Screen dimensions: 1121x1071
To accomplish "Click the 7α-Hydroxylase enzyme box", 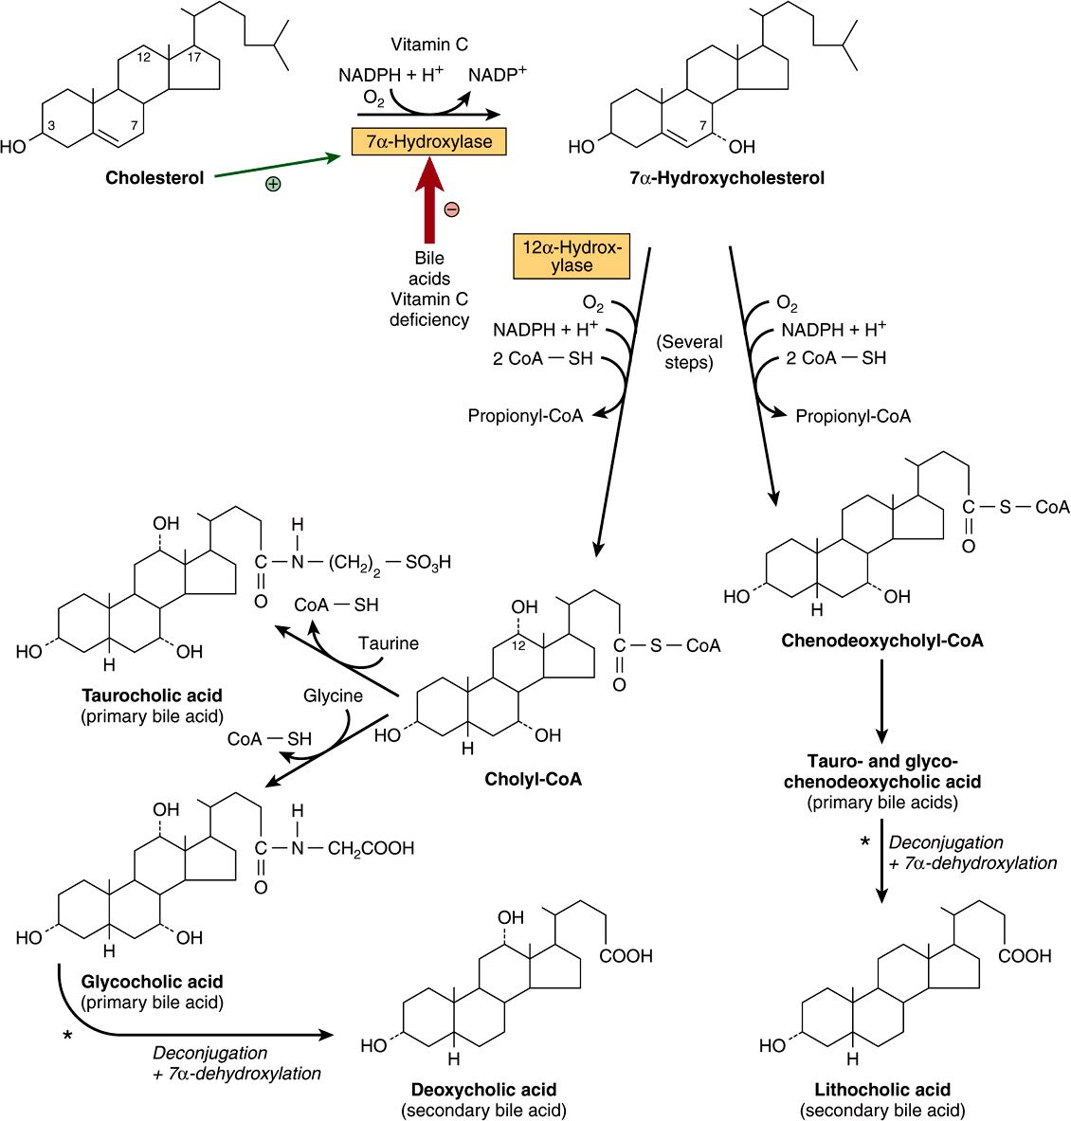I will click(429, 142).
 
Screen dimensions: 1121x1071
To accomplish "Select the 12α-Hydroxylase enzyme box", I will click(572, 257).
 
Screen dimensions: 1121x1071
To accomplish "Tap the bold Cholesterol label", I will click(154, 178).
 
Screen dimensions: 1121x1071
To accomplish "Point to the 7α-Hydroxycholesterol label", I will click(727, 178).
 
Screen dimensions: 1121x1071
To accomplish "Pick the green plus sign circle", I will click(273, 184).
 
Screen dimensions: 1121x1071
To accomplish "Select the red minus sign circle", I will click(452, 209).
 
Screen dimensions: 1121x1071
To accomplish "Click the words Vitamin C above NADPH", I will click(429, 45).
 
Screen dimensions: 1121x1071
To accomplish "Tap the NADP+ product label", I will click(497, 75).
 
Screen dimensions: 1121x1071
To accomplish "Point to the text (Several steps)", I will click(689, 352).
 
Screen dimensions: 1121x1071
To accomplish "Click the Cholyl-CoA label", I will click(534, 780).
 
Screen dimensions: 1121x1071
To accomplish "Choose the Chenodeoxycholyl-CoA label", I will click(882, 642).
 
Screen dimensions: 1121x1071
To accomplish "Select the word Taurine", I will click(389, 643).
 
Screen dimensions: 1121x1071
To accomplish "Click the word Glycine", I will click(333, 696).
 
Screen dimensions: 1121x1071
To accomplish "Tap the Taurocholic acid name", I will click(153, 696).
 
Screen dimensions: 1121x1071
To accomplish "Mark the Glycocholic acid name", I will click(153, 983).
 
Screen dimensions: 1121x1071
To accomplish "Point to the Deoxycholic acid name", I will click(483, 1091).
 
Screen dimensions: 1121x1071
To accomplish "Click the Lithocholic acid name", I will click(882, 1091).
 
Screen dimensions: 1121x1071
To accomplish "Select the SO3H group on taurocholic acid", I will click(428, 563).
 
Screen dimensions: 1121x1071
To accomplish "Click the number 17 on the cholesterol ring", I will click(194, 58).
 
